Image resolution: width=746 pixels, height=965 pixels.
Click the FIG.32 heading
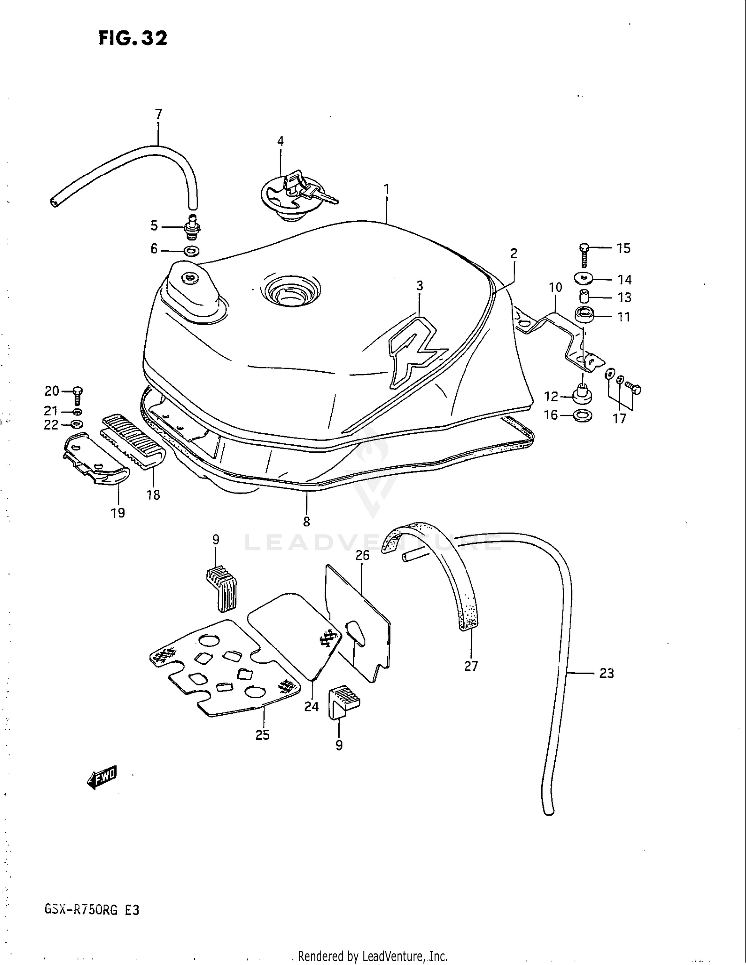[x=133, y=38]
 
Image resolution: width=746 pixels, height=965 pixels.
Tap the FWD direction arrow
[x=101, y=777]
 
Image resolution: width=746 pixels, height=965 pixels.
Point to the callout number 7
[x=158, y=114]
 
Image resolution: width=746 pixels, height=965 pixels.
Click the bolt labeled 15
[x=584, y=255]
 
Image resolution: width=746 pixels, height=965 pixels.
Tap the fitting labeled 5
[x=191, y=228]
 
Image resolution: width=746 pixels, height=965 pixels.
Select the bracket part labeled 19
[x=94, y=460]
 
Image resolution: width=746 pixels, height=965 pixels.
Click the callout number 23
[x=606, y=673]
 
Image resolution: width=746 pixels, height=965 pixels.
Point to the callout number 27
[x=470, y=666]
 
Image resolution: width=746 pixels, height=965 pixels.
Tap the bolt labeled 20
[x=78, y=396]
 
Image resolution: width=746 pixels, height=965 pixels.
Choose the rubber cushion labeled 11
[x=585, y=316]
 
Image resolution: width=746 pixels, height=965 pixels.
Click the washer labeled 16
[x=582, y=415]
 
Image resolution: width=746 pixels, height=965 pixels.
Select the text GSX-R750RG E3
[x=92, y=910]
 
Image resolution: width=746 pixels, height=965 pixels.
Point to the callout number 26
[x=362, y=555]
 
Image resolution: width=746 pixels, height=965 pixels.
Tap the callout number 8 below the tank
[x=306, y=522]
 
